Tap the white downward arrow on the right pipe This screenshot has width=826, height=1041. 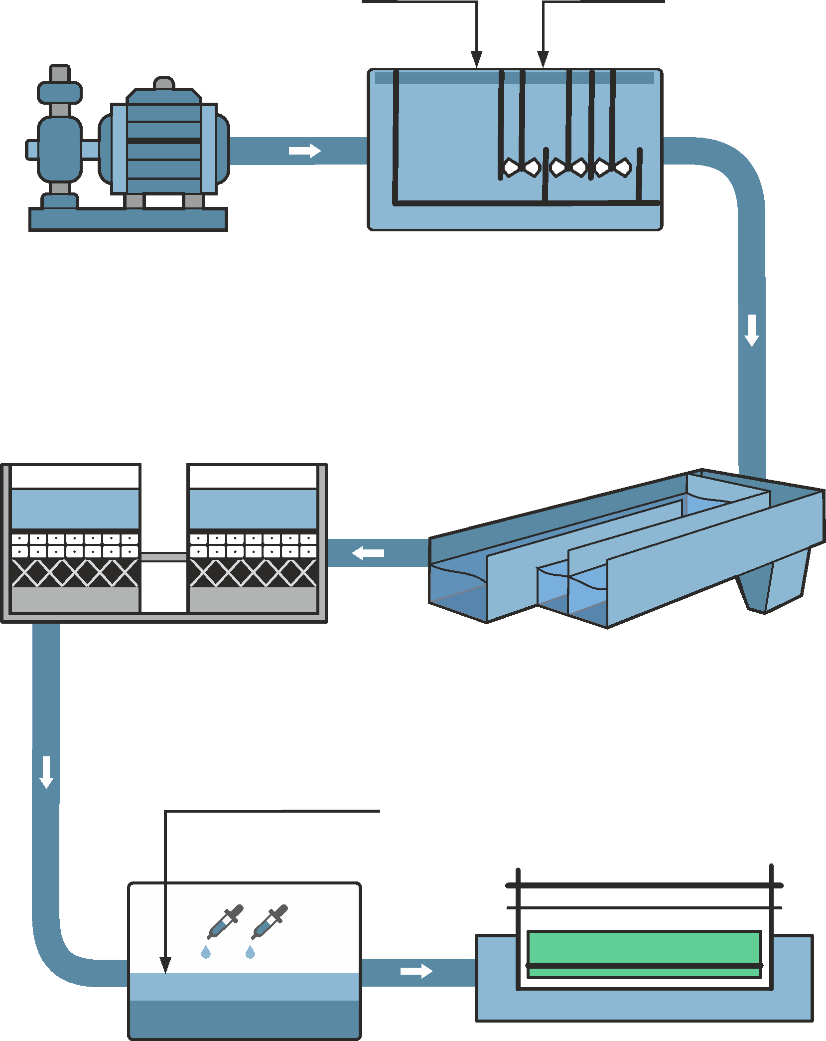(751, 330)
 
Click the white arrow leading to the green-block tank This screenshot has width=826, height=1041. (416, 971)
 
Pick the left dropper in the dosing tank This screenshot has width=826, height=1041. (225, 921)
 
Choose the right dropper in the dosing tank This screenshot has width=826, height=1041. (270, 921)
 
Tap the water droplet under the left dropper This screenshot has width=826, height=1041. (206, 953)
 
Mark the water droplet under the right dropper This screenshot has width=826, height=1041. (250, 953)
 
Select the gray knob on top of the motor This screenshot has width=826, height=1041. (163, 83)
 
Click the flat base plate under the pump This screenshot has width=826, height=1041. (128, 219)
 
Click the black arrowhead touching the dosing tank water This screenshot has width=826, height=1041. (165, 965)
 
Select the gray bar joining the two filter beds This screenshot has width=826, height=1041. (164, 557)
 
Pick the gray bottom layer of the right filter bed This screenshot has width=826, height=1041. (253, 599)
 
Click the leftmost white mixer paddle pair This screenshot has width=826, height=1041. (521, 168)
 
